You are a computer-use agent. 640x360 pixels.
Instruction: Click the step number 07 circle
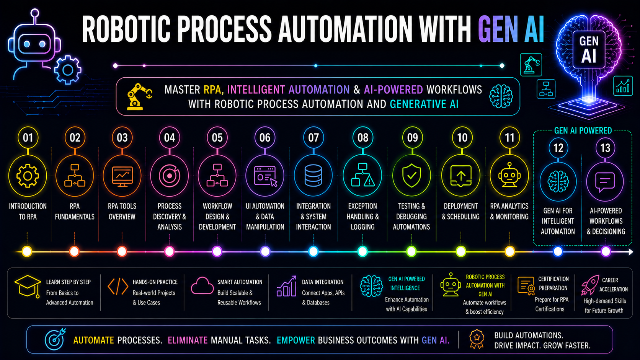tap(313, 138)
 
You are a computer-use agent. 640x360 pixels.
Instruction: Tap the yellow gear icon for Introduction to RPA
tap(28, 176)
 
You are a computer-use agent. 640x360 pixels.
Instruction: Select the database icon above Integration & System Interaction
tap(313, 176)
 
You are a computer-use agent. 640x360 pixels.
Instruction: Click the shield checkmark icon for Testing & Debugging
tap(411, 176)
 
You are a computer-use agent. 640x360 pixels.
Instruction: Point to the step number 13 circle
tap(605, 148)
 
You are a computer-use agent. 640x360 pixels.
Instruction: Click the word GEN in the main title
tap(498, 29)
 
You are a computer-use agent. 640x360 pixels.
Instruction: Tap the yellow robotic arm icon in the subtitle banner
tap(139, 96)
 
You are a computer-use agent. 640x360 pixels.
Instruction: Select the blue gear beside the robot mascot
tap(68, 70)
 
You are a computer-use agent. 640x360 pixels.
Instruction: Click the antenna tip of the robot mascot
tap(35, 13)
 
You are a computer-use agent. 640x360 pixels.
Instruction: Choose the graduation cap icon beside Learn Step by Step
tap(28, 287)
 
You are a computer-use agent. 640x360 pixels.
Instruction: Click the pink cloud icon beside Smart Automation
tap(202, 286)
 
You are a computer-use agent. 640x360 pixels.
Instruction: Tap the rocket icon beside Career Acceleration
tap(590, 285)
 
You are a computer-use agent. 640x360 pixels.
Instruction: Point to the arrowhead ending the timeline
tap(631, 252)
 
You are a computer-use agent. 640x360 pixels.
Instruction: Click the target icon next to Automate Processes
tap(55, 339)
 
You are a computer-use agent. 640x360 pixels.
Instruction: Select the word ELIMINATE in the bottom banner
tap(188, 340)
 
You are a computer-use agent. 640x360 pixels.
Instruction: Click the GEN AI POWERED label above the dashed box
tap(583, 131)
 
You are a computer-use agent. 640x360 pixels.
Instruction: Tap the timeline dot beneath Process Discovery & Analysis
tap(170, 251)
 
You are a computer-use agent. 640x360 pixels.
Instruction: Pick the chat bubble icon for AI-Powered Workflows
tap(605, 182)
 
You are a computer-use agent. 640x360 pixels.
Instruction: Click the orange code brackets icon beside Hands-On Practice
tap(118, 286)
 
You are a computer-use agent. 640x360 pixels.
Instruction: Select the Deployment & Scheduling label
tap(460, 212)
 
